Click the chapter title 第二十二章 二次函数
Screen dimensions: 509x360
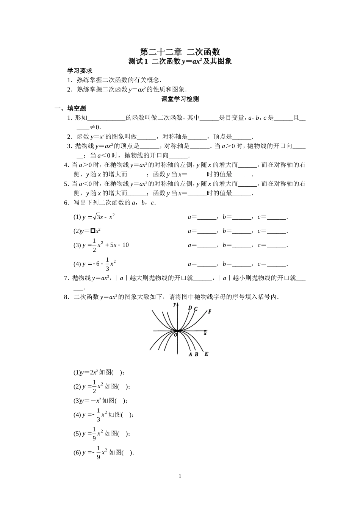(x=180, y=52)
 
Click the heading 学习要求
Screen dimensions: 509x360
(x=80, y=70)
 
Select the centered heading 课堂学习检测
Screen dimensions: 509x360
(x=180, y=99)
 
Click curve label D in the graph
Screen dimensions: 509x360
(x=189, y=308)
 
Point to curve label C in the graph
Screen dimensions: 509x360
(x=196, y=309)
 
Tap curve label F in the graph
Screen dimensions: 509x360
(x=209, y=311)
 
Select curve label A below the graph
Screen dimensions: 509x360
(x=190, y=354)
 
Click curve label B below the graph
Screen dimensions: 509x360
(x=196, y=354)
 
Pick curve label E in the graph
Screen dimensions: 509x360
(x=206, y=354)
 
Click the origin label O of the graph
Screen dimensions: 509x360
(x=175, y=334)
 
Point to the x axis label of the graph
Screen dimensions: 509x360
(x=205, y=334)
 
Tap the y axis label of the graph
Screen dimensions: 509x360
(x=174, y=304)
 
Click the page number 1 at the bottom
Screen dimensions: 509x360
(x=180, y=476)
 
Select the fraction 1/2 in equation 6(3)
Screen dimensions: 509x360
(x=94, y=245)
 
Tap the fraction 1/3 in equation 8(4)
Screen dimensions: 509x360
(x=99, y=415)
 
